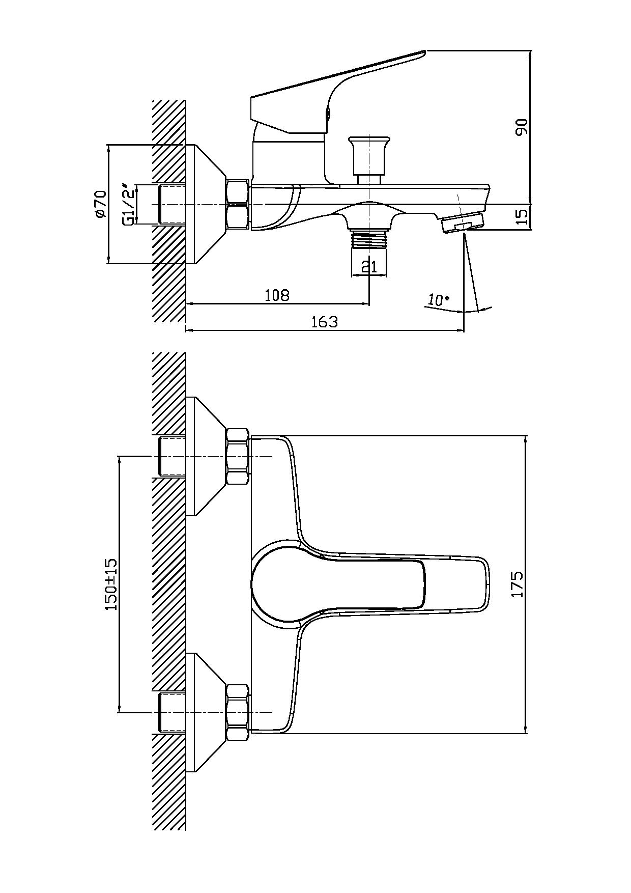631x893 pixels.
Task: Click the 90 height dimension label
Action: [522, 127]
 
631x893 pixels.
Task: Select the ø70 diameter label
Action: [100, 204]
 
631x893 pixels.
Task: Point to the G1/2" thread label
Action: [129, 204]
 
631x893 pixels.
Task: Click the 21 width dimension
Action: [369, 266]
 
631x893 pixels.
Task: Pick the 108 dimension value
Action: [277, 295]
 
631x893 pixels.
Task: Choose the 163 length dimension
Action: [325, 322]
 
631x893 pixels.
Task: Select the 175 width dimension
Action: [517, 584]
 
